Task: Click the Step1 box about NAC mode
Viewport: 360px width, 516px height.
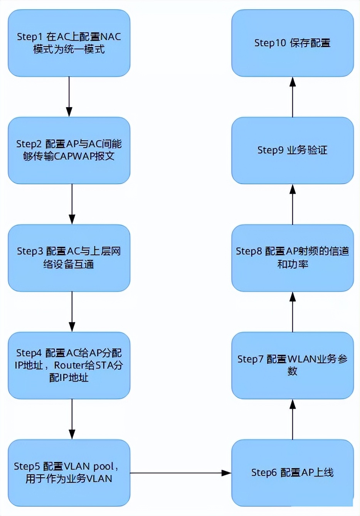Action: (x=69, y=43)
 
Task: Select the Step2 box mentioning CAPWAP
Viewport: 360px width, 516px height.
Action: (x=69, y=150)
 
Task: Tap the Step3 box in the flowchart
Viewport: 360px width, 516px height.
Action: (x=69, y=258)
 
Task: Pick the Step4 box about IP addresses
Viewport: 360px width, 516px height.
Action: (x=69, y=365)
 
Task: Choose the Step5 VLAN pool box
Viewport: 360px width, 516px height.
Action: (x=69, y=472)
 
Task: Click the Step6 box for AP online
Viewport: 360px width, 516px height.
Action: (x=292, y=472)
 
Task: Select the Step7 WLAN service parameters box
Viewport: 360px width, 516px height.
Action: (x=292, y=365)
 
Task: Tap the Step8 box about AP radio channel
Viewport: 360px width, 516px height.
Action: (x=292, y=258)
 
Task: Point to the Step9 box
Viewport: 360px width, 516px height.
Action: (x=292, y=150)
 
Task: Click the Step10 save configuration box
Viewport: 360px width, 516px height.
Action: (x=292, y=43)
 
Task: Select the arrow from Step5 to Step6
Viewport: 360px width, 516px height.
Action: (x=180, y=473)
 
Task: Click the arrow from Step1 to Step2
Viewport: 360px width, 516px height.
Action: (x=69, y=96)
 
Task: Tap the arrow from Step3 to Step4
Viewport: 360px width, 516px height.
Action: (x=72, y=311)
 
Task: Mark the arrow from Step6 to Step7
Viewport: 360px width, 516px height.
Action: (x=293, y=420)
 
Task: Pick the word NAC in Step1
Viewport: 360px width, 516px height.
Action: (x=110, y=37)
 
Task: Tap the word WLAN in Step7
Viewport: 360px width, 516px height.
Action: (x=302, y=359)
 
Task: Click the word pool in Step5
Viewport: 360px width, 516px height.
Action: (x=103, y=466)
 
